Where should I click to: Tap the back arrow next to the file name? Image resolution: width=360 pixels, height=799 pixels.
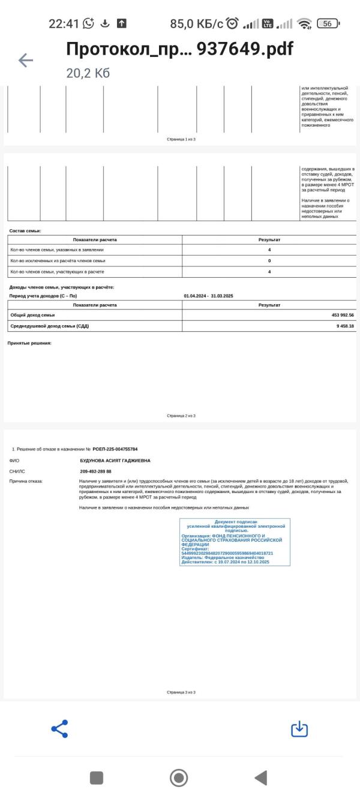pyautogui.click(x=26, y=60)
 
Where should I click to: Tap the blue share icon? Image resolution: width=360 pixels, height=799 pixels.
pyautogui.click(x=59, y=729)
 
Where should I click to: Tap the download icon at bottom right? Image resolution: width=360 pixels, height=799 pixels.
pyautogui.click(x=299, y=729)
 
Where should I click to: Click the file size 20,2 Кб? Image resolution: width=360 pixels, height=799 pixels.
pyautogui.click(x=88, y=73)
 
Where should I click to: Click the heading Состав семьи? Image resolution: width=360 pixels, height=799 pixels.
pyautogui.click(x=25, y=231)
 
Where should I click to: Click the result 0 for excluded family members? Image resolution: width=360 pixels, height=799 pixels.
pyautogui.click(x=269, y=261)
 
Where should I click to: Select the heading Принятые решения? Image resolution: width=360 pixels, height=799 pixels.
pyautogui.click(x=29, y=343)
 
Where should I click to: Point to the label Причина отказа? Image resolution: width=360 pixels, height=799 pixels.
pyautogui.click(x=26, y=481)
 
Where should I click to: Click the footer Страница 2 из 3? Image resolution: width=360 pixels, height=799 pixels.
pyautogui.click(x=181, y=416)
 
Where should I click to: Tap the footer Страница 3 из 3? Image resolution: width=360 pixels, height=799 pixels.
pyautogui.click(x=181, y=692)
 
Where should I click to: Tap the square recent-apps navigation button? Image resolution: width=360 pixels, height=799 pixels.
pyautogui.click(x=97, y=778)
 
